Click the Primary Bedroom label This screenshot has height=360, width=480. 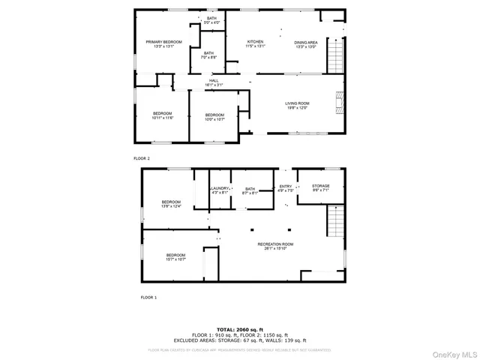[164, 44]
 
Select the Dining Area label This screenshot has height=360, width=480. [305, 44]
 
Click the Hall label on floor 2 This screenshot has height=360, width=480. [214, 82]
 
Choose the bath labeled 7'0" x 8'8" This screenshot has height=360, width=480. [207, 55]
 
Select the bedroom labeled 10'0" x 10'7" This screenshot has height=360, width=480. [216, 116]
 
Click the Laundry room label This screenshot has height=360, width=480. [220, 190]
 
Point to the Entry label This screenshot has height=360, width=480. [286, 188]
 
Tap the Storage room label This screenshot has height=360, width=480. [321, 188]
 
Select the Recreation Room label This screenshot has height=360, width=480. [275, 247]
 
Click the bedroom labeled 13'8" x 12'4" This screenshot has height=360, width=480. [172, 204]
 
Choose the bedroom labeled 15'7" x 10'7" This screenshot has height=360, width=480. [176, 257]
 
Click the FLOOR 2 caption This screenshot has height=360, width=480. [142, 159]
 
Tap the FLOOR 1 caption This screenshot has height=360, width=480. [148, 298]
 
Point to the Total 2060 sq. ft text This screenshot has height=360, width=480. [240, 329]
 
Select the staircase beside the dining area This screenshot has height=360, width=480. [337, 54]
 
